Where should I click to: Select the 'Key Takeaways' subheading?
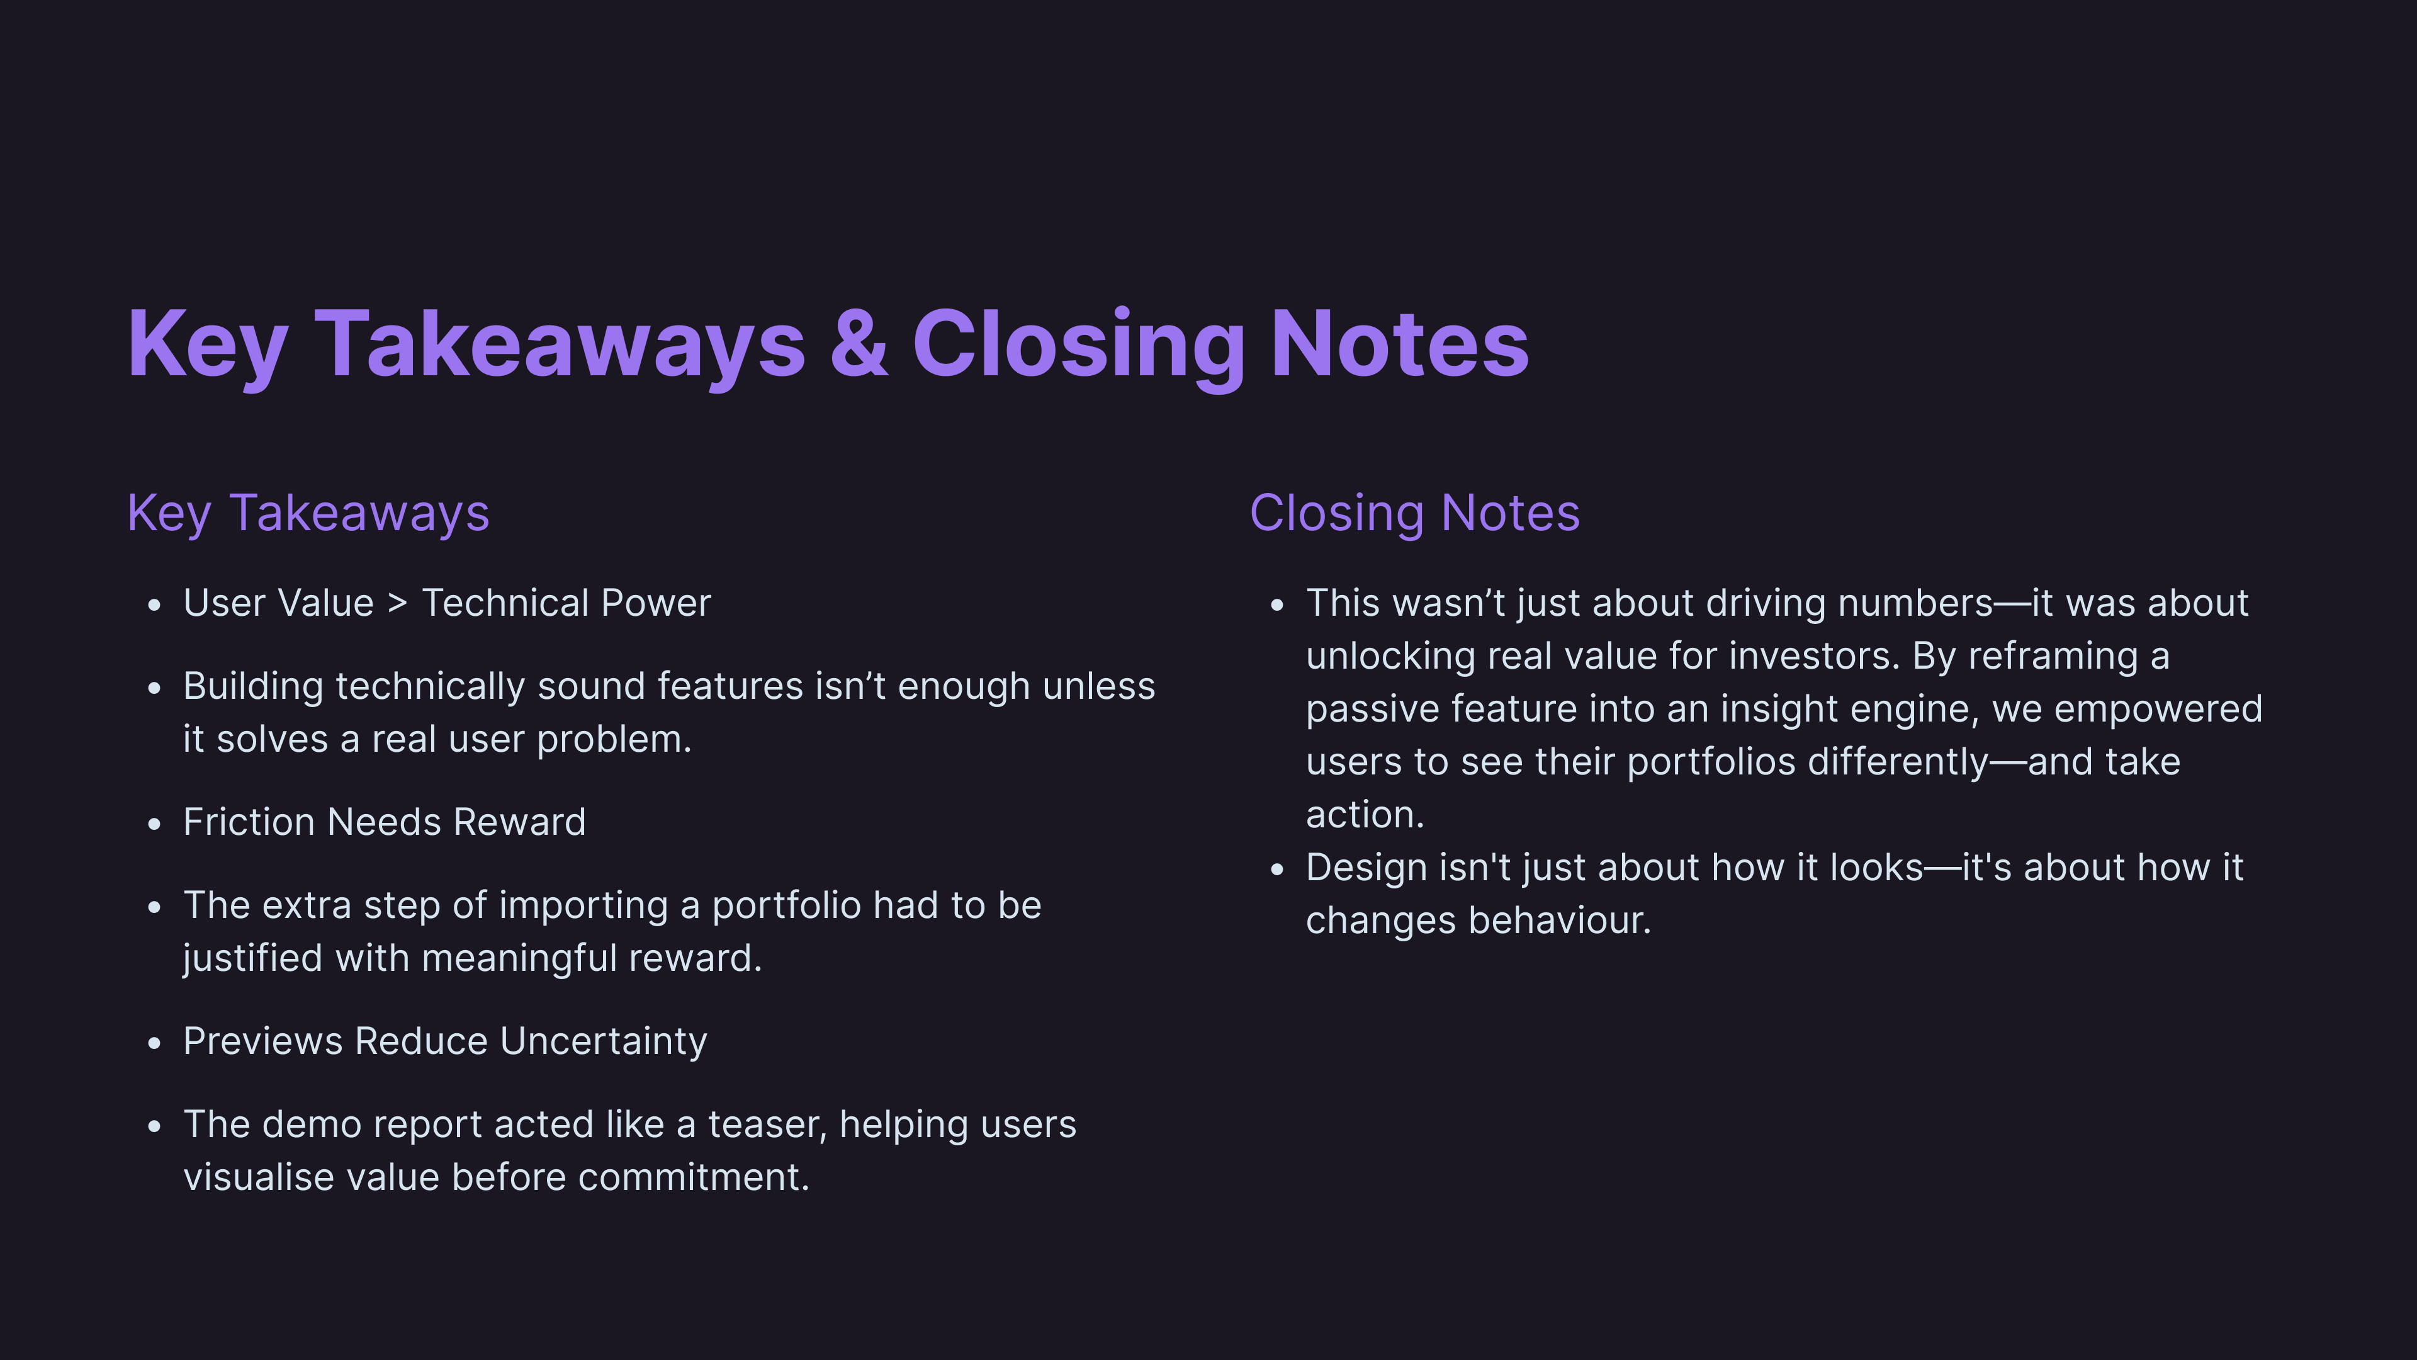point(308,513)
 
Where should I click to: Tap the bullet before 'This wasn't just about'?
point(1277,605)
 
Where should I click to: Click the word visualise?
point(259,1177)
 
